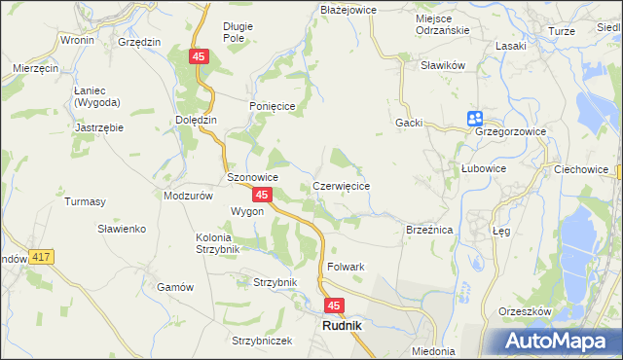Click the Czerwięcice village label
point(341,185)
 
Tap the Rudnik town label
point(341,326)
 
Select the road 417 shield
point(40,256)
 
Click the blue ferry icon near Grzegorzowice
point(474,118)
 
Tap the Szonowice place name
point(253,177)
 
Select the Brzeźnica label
point(429,230)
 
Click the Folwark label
point(346,266)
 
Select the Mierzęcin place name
point(37,69)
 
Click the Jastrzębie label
point(101,126)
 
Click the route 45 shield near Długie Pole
point(199,58)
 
